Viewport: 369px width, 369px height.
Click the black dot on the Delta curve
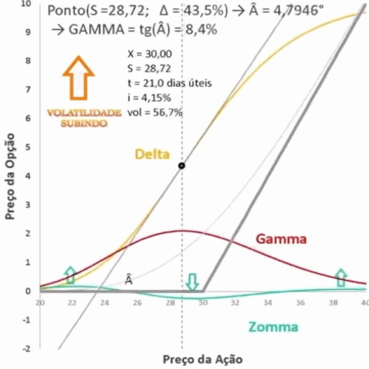pos(181,165)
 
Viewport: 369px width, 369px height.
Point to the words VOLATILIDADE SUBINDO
pos(84,118)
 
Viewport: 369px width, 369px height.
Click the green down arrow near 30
pos(193,282)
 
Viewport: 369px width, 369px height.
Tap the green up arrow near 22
pos(71,274)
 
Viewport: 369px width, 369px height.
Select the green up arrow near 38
pos(341,277)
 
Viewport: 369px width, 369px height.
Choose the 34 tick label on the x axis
pos(268,303)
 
